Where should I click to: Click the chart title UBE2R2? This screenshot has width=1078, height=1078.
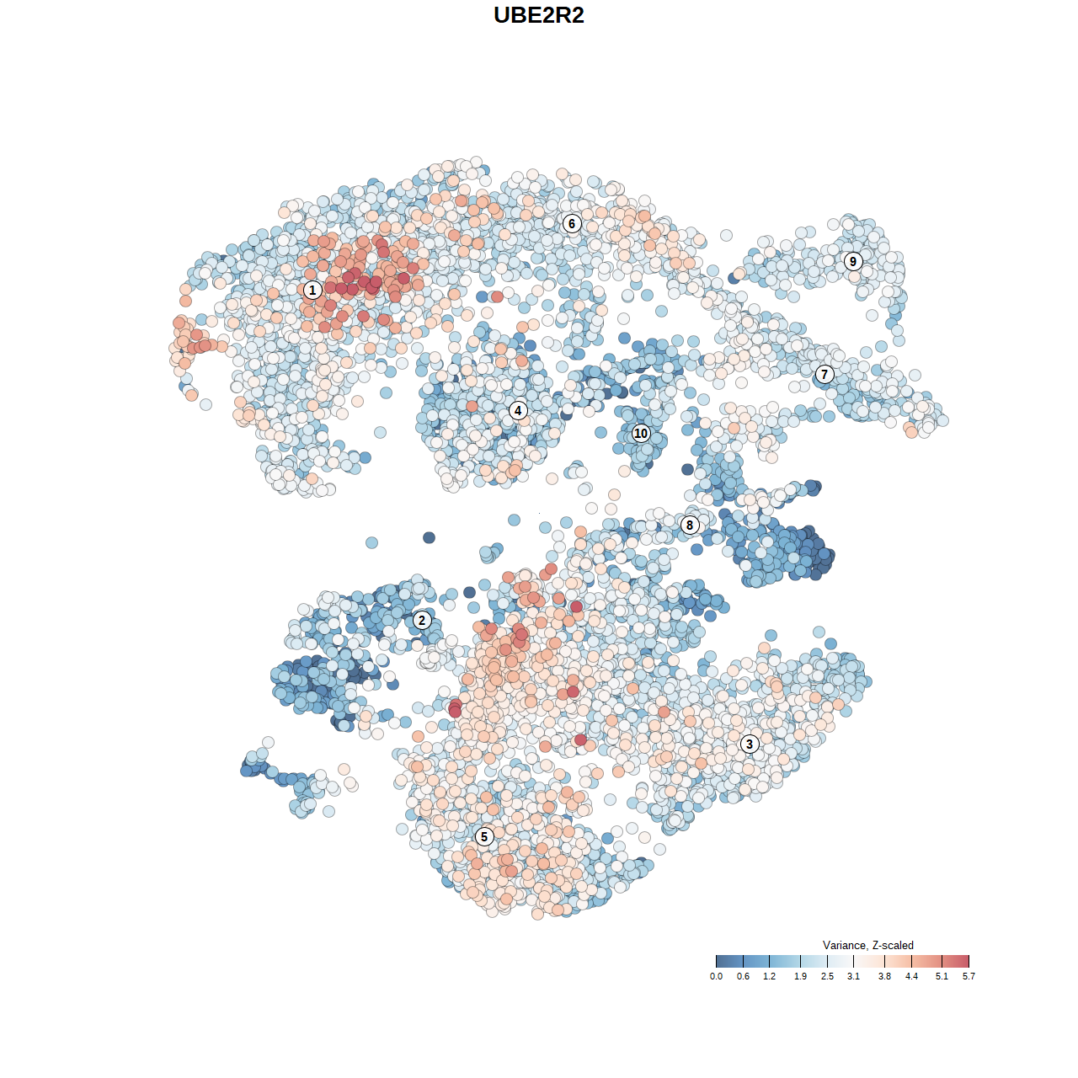[539, 15]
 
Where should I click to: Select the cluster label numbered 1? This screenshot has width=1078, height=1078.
[312, 291]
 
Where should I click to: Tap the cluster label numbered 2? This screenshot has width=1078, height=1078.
[422, 621]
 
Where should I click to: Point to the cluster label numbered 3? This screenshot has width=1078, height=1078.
[750, 744]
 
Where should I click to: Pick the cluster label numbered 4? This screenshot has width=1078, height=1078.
[518, 411]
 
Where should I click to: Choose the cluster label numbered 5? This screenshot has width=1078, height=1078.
[484, 836]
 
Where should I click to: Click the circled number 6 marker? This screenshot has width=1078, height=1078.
[572, 223]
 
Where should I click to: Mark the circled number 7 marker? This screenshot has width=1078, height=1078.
[825, 375]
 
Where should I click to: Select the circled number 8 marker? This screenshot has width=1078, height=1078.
[690, 526]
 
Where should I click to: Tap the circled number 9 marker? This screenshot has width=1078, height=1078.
[853, 261]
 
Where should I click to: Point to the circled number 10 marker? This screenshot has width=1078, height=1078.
[641, 434]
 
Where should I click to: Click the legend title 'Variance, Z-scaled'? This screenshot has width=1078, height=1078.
[867, 946]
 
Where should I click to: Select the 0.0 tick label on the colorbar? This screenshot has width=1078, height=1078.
[716, 977]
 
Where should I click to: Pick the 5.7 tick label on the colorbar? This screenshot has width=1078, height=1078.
[969, 977]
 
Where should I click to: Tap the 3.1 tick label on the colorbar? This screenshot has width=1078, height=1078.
[853, 977]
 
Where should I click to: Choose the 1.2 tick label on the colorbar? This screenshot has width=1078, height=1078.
[770, 977]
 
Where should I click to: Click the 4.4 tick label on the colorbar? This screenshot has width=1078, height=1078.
[911, 977]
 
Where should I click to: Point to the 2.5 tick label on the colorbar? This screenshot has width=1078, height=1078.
[827, 977]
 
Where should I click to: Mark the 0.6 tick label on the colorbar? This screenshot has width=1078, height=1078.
[743, 977]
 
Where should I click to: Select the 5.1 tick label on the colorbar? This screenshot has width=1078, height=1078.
[942, 977]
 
